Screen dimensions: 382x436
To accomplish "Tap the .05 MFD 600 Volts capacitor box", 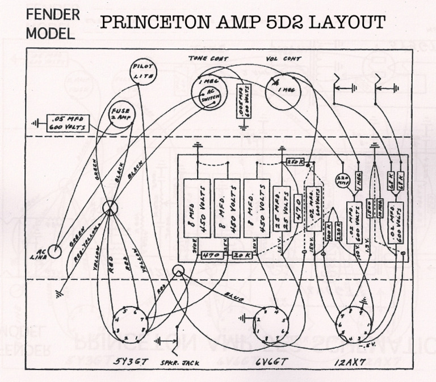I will (69, 123).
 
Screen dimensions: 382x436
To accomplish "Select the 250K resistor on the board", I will (295, 162).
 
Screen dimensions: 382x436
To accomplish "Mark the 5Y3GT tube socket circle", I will (132, 326).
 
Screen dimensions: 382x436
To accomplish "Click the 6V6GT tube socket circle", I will (269, 325).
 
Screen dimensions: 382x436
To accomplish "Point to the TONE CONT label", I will (208, 58).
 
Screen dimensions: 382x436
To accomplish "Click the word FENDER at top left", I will (53, 13).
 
